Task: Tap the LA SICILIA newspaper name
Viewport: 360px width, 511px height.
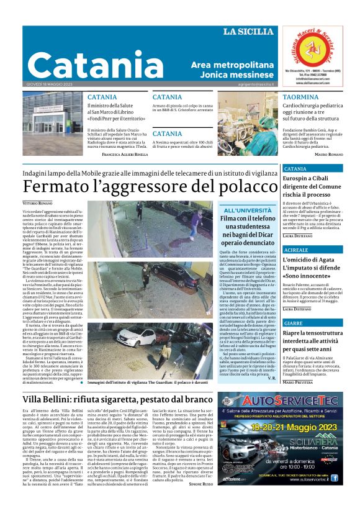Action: point(246,32)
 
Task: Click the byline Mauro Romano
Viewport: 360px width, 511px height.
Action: point(330,153)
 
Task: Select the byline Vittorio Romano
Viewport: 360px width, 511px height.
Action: point(38,203)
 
